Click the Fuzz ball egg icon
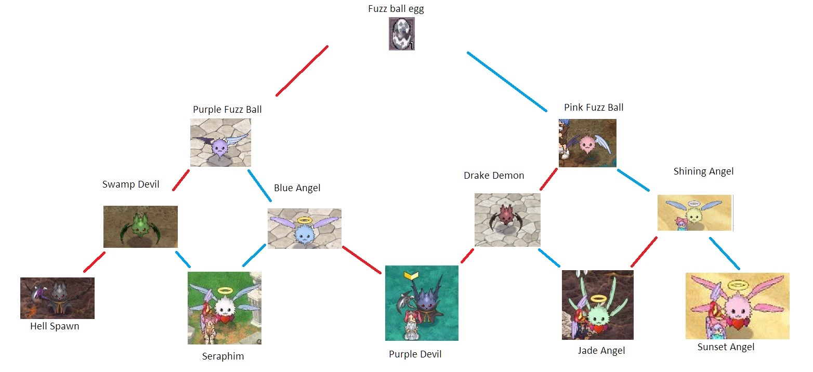click(x=402, y=34)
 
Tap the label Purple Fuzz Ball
click(x=227, y=109)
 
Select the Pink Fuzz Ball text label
click(x=594, y=108)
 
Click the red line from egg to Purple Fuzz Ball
click(x=302, y=71)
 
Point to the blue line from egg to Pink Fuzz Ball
click(x=507, y=82)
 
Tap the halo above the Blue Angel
click(x=305, y=220)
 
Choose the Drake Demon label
click(x=494, y=176)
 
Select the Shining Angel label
click(x=703, y=171)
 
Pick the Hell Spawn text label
click(x=55, y=326)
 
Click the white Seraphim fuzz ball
click(x=226, y=307)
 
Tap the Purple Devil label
click(x=415, y=354)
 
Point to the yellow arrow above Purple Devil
click(x=411, y=276)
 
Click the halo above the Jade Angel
click(x=598, y=299)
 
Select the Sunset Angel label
click(x=726, y=347)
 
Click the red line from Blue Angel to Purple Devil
click(x=362, y=260)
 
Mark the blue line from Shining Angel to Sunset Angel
click(x=725, y=254)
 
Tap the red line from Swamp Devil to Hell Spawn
click(x=95, y=262)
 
